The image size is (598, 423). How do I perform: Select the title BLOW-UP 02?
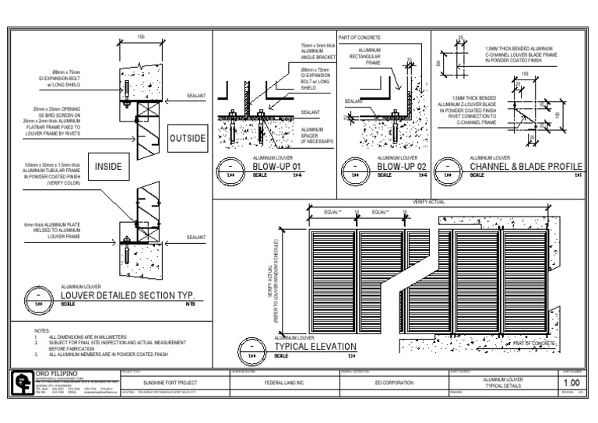(x=400, y=165)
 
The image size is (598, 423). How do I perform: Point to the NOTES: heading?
(x=42, y=331)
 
